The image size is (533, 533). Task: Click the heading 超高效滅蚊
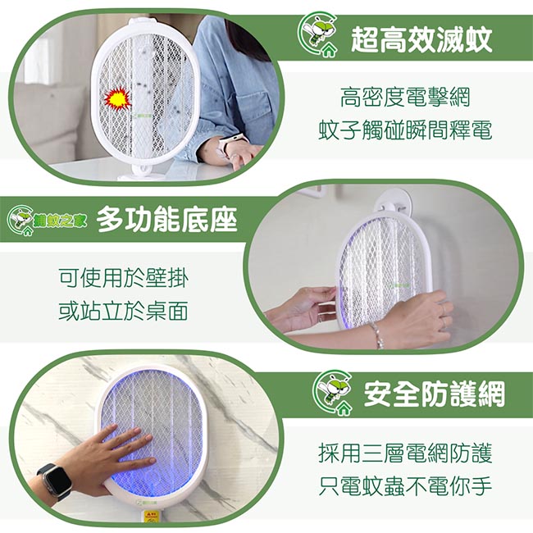click(x=421, y=39)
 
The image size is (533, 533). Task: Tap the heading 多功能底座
click(x=166, y=220)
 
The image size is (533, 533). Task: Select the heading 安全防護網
click(x=434, y=394)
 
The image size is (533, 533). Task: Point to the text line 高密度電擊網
click(x=405, y=97)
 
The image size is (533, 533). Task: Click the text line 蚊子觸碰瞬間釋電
click(x=405, y=130)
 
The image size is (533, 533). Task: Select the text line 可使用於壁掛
click(x=123, y=278)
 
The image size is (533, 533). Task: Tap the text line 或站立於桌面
click(x=123, y=311)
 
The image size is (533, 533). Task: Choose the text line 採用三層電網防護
click(x=405, y=453)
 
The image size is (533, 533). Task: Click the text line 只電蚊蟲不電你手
click(x=405, y=486)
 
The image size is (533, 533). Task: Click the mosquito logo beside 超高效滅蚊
click(x=317, y=34)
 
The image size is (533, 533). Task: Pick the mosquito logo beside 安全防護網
click(x=332, y=393)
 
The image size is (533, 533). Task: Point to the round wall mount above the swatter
click(x=393, y=204)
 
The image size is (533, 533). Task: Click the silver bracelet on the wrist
click(x=376, y=335)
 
